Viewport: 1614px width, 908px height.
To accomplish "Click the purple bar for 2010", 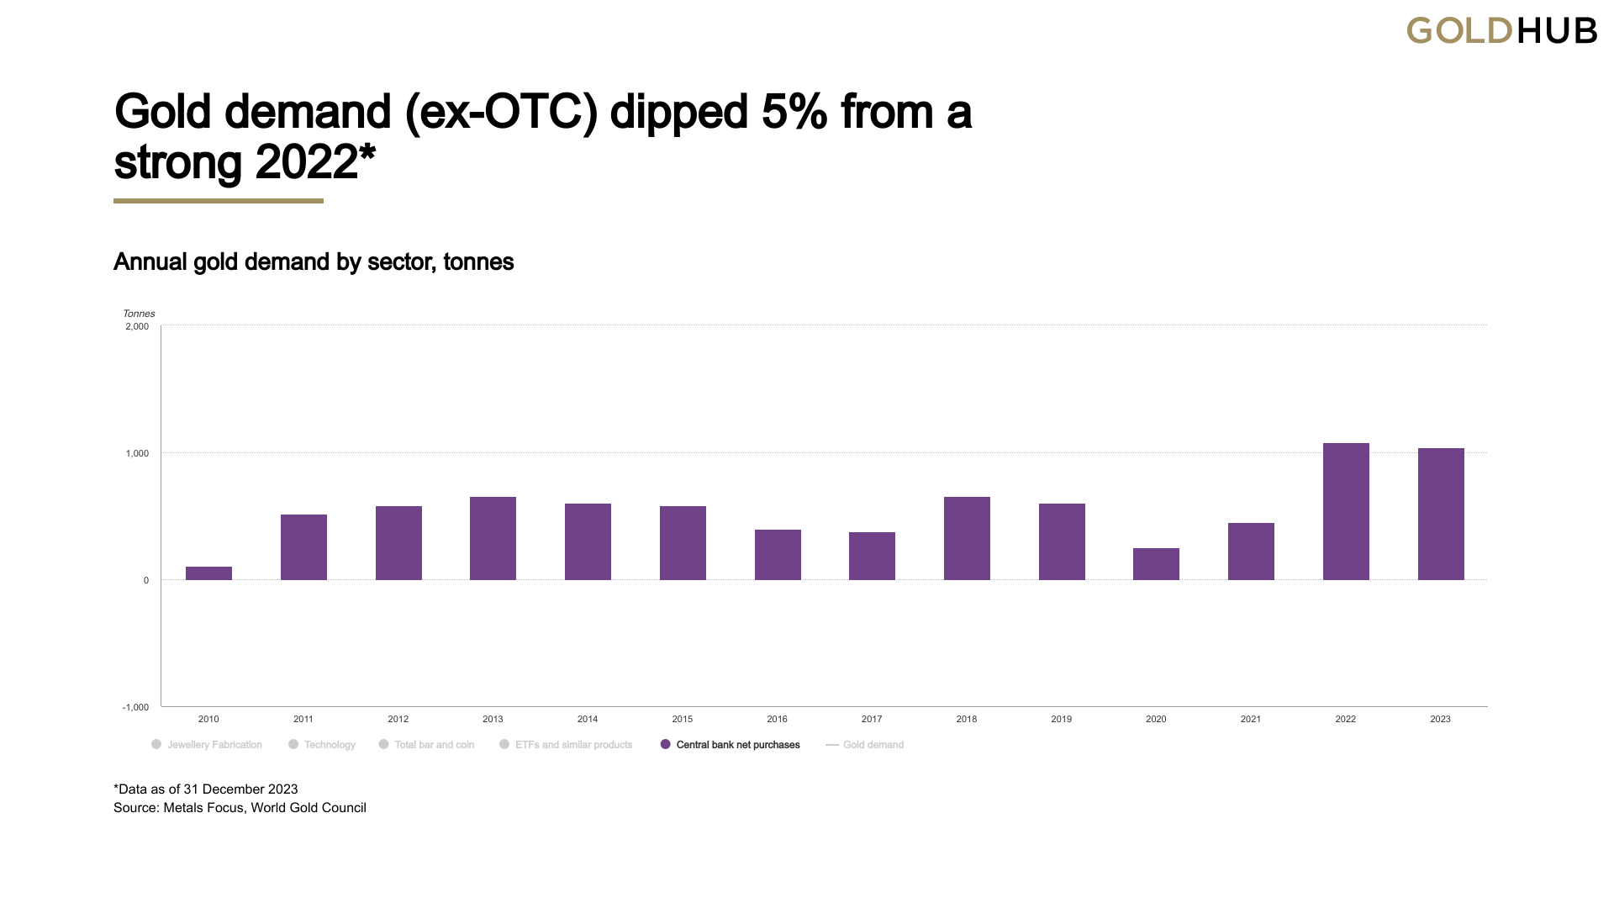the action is (208, 573).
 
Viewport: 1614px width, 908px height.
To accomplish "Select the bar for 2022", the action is (1346, 511).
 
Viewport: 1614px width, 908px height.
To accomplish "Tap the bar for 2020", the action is (1156, 564).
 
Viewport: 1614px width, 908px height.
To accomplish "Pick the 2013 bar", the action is (493, 538).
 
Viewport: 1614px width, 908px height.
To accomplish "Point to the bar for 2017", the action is (872, 556).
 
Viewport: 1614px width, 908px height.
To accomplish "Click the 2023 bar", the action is (1441, 514).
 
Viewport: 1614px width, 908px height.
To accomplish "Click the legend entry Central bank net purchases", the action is (730, 745).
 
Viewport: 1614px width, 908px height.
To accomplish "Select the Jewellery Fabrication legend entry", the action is (207, 745).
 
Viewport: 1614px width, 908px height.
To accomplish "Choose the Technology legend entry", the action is (322, 745).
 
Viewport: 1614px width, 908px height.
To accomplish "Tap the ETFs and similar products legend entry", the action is (566, 745).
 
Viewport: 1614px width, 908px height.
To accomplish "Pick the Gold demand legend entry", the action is (865, 745).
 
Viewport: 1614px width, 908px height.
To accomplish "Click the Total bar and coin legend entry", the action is (426, 745).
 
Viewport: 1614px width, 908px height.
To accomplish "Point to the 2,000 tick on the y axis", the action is (137, 326).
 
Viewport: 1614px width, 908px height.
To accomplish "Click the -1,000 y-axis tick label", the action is (135, 707).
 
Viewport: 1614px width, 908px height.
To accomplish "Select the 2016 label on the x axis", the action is (777, 719).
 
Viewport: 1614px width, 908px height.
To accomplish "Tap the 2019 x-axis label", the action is (1061, 719).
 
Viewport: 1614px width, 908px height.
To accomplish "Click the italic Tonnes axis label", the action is (139, 314).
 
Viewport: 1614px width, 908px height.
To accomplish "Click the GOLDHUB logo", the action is (1502, 31).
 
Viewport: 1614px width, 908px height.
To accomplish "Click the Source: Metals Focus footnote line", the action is (240, 808).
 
